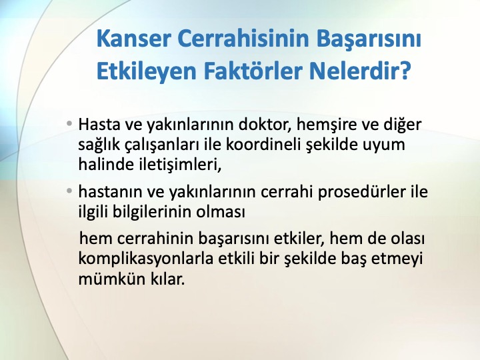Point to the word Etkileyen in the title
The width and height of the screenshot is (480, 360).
pos(146,71)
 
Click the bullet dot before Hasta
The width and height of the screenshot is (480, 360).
pos(69,123)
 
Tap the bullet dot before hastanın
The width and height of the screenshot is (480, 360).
pos(69,191)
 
